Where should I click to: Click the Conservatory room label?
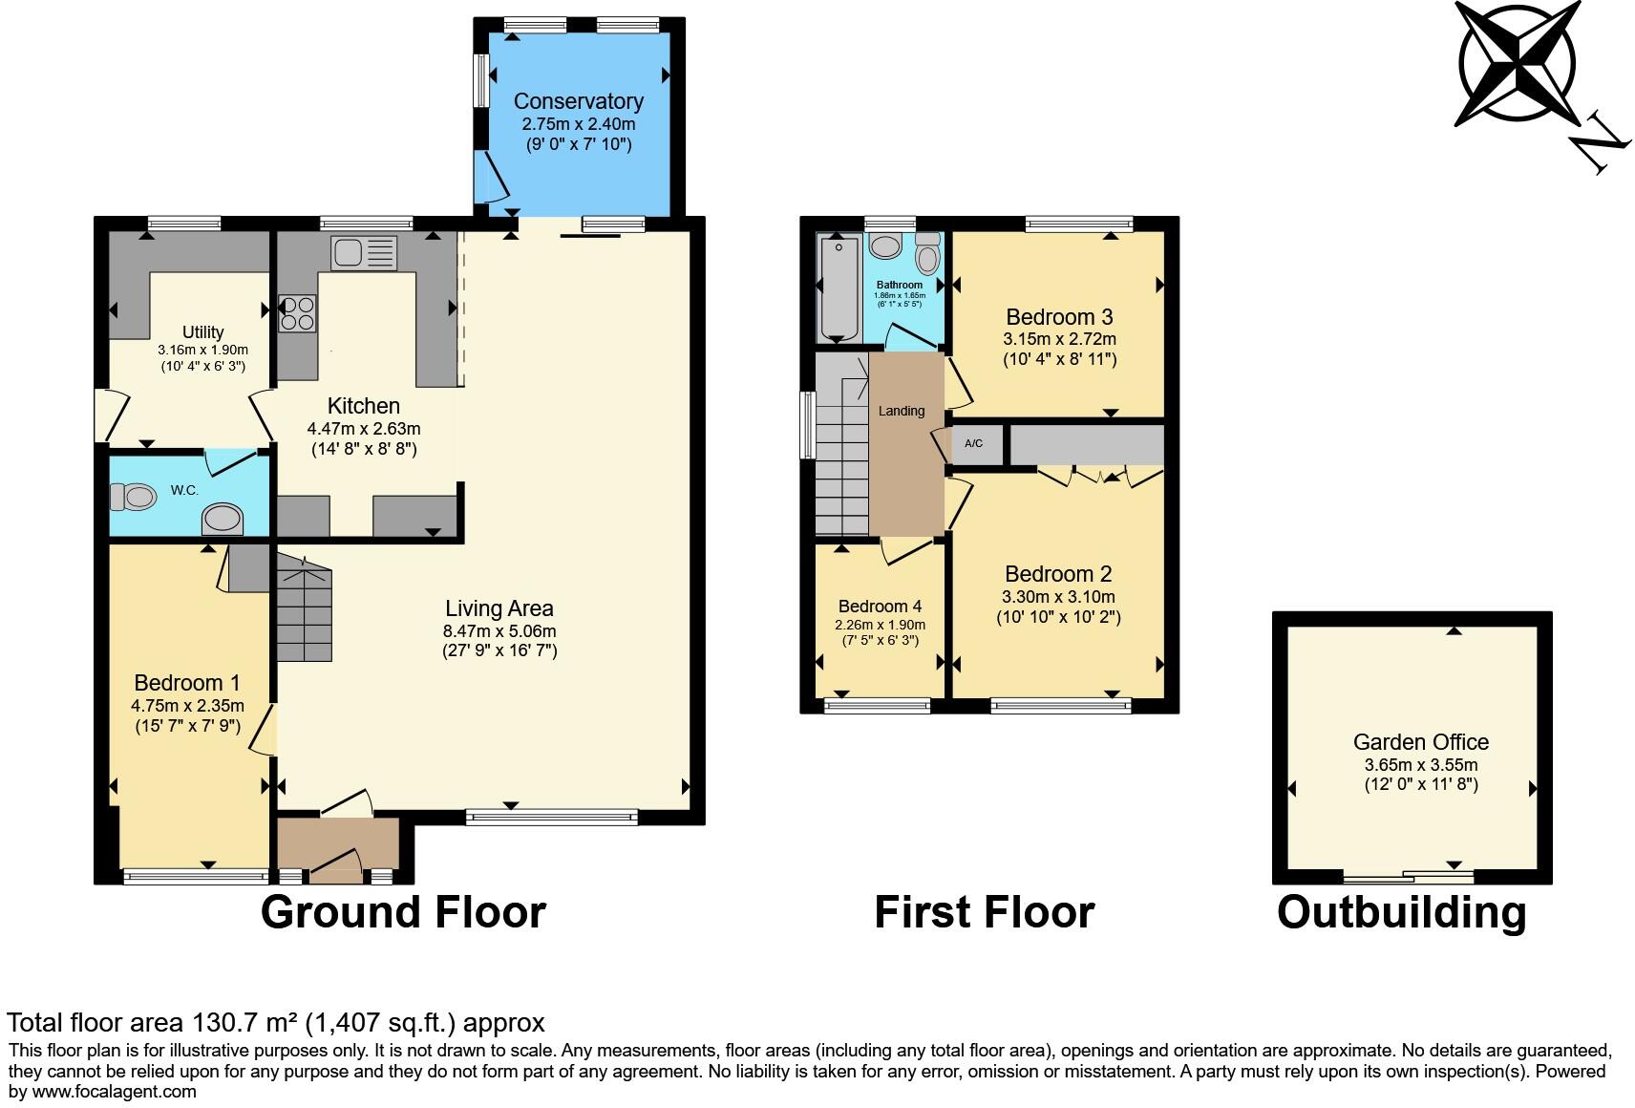(x=578, y=101)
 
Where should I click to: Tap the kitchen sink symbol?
(x=363, y=253)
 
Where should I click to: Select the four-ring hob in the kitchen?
(x=297, y=313)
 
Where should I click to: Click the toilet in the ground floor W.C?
(x=134, y=497)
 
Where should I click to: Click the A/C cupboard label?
(x=973, y=443)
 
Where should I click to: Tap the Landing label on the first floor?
(x=901, y=411)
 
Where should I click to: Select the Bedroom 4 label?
(x=880, y=607)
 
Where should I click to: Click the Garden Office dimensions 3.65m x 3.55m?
(x=1420, y=765)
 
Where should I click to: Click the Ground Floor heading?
(x=403, y=912)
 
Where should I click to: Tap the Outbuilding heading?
(x=1401, y=912)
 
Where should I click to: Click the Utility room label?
(x=202, y=332)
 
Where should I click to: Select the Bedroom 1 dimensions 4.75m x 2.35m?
(x=187, y=706)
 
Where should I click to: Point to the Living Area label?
(x=499, y=608)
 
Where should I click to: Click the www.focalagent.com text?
(x=115, y=1091)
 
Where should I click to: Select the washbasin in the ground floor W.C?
(x=223, y=519)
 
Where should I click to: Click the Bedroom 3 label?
(x=1059, y=317)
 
